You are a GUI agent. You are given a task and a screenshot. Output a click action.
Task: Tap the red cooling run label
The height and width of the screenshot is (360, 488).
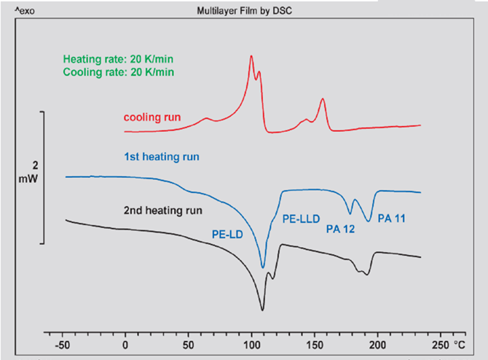click(x=152, y=117)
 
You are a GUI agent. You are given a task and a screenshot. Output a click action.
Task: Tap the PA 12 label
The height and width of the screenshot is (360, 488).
click(x=339, y=229)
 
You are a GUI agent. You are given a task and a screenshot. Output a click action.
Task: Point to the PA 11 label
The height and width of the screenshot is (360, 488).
click(x=391, y=216)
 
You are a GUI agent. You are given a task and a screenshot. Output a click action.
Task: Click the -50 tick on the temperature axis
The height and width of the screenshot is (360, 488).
click(x=64, y=343)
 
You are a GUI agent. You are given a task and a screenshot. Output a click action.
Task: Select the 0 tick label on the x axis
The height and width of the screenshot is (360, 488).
click(x=126, y=343)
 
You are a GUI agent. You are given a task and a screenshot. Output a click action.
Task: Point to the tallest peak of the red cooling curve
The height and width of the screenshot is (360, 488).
click(x=251, y=55)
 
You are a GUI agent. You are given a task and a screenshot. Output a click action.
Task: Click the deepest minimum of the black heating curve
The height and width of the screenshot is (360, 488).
click(x=262, y=310)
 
